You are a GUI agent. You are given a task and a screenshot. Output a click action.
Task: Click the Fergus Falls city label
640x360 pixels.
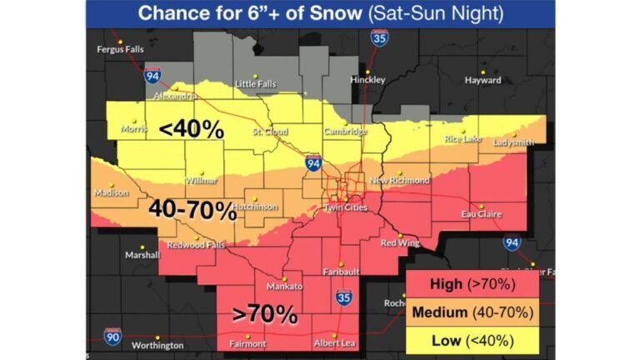[120, 50]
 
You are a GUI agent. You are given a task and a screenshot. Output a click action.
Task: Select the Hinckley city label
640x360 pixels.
[367, 80]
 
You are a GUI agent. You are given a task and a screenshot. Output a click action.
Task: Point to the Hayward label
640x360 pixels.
[483, 81]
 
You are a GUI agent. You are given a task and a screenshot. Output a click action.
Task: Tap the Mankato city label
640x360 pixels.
[284, 287]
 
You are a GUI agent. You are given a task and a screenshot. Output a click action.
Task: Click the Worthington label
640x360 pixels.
[157, 345]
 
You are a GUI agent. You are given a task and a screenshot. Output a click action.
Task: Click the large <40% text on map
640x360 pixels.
[191, 129]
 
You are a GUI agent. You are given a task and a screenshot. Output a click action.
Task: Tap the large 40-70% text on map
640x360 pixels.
[192, 210]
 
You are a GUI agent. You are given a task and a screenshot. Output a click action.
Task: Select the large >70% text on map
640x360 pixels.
[265, 314]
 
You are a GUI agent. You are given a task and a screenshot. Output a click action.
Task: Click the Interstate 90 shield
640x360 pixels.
[112, 337]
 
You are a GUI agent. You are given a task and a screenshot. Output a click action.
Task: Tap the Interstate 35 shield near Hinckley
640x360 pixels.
[379, 39]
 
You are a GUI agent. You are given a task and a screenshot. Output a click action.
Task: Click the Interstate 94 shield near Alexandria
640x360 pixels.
[152, 76]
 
